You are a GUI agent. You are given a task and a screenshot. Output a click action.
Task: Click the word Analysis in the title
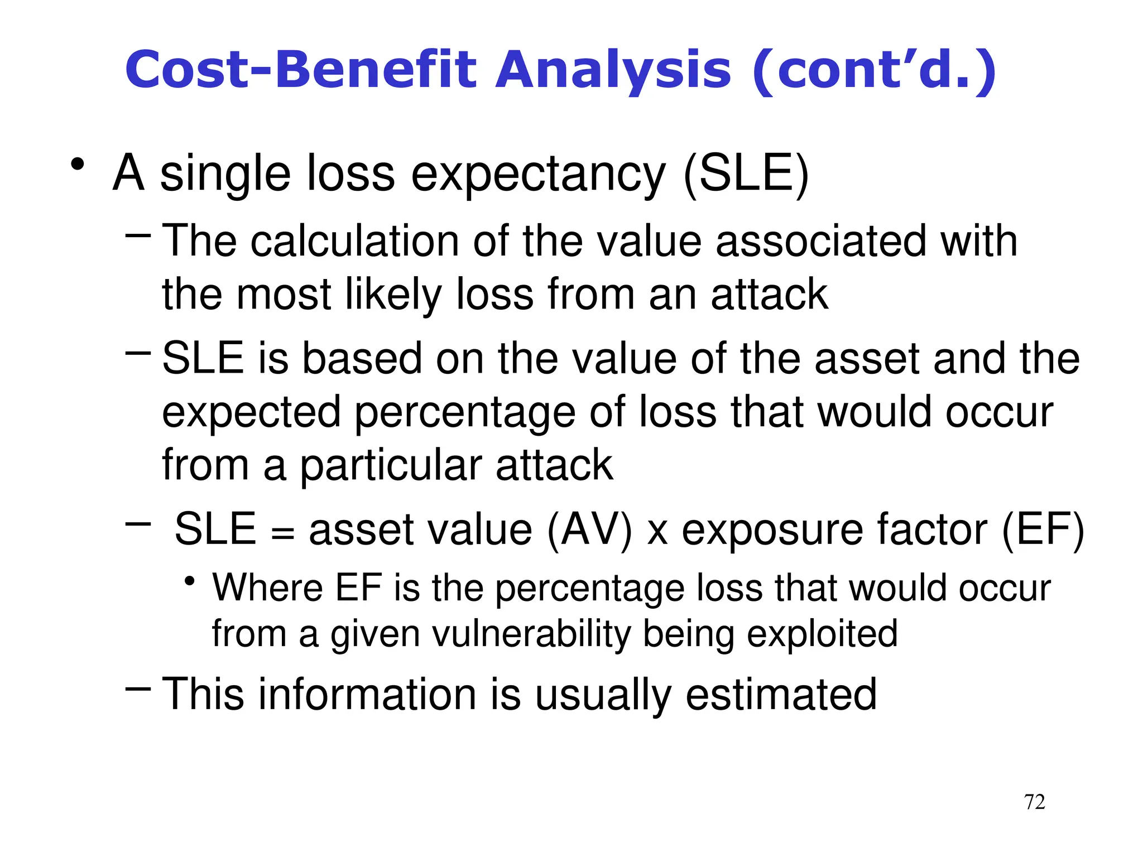coord(613,71)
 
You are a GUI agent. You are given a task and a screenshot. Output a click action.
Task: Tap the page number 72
coord(1034,802)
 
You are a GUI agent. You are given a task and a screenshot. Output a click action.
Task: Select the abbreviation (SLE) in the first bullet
coord(746,174)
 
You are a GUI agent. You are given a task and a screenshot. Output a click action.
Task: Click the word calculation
coord(355,241)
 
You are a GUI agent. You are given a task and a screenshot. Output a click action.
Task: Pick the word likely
coord(393,295)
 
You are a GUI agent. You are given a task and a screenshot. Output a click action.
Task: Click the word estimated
coord(781,695)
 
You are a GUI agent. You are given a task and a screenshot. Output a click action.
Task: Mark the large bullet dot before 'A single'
coord(78,165)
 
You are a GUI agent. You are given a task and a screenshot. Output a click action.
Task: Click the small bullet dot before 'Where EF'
coord(190,581)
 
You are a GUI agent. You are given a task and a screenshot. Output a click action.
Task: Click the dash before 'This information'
coord(138,689)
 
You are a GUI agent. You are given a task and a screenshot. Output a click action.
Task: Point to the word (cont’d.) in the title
coord(874,71)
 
